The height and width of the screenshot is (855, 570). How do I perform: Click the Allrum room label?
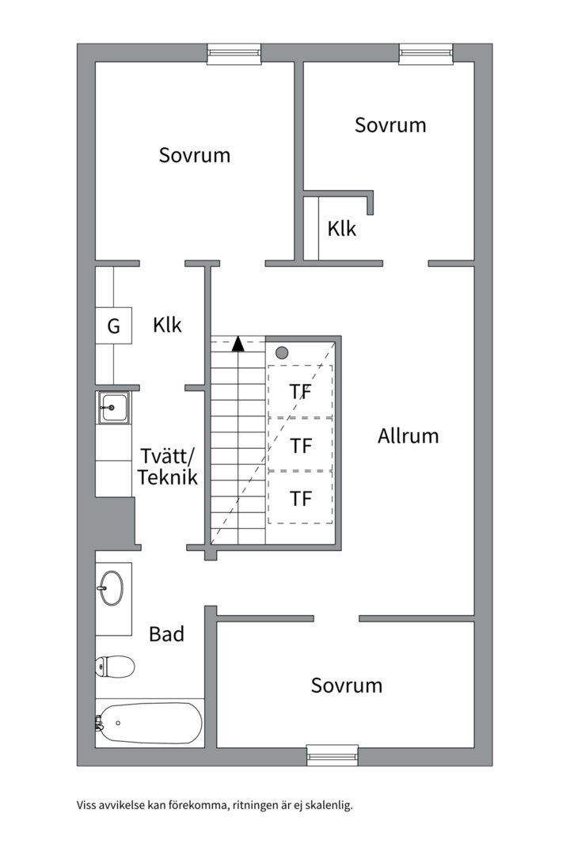408,435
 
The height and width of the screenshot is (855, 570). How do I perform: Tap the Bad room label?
166,634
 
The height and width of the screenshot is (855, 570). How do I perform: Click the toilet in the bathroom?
115,667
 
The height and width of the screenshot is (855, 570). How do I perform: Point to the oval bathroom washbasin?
112,587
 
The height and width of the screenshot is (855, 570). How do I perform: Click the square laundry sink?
113,408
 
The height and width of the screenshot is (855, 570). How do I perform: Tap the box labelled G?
113,325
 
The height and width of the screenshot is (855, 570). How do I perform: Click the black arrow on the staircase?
237,344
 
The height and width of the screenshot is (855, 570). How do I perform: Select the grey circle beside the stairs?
282,353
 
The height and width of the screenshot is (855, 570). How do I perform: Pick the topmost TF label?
301,392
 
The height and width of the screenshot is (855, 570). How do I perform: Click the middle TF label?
301,446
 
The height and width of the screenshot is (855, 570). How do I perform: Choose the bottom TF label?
301,499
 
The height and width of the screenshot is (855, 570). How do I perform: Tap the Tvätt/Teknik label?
168,466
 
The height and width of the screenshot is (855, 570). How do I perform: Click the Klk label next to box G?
167,325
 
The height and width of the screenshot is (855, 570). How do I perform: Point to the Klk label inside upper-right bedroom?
341,229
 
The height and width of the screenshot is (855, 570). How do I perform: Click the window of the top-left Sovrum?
234,54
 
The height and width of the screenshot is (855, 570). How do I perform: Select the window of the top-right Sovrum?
426,54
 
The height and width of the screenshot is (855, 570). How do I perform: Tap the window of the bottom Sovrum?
332,755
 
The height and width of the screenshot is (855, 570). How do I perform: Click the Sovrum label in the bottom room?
347,686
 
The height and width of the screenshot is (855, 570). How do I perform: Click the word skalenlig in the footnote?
329,805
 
